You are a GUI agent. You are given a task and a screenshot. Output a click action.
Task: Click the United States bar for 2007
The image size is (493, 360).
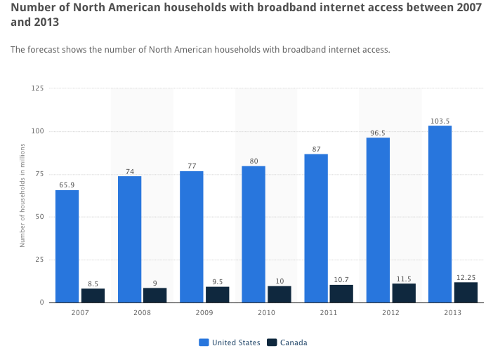click(x=67, y=246)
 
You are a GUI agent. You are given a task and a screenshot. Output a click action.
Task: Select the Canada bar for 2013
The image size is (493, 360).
click(x=466, y=293)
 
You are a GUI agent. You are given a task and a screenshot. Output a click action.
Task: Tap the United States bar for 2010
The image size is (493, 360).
click(x=254, y=234)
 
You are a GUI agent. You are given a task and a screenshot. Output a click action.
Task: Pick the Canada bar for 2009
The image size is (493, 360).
click(x=217, y=295)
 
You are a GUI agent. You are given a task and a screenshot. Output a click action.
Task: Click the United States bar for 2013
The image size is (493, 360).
click(x=440, y=214)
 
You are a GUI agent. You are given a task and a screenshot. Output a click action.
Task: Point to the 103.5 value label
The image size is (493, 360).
click(x=440, y=121)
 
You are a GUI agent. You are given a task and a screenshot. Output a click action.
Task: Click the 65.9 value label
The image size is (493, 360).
click(x=67, y=185)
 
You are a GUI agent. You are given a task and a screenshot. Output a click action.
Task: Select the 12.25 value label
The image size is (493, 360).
click(x=466, y=277)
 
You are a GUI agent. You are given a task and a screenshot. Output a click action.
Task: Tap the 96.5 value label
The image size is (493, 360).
click(x=378, y=133)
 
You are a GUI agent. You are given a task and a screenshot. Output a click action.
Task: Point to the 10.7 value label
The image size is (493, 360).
click(x=341, y=280)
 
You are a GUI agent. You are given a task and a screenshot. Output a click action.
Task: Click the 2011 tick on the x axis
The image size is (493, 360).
click(x=328, y=312)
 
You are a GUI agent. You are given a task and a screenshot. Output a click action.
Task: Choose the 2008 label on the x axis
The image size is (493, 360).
click(x=142, y=312)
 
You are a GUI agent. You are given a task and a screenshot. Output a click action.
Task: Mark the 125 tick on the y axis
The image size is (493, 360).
click(x=37, y=88)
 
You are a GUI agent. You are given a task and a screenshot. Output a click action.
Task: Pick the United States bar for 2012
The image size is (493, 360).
click(x=378, y=220)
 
